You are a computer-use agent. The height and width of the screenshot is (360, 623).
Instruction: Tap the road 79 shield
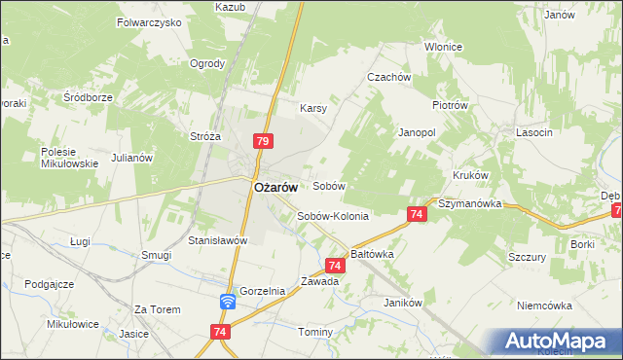coord(262,142)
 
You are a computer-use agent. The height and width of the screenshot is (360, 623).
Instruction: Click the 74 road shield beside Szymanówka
coord(416,214)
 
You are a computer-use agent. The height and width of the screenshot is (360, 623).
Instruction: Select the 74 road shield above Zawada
coord(335,265)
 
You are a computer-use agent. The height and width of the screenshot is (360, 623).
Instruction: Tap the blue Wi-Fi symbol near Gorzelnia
coord(227,302)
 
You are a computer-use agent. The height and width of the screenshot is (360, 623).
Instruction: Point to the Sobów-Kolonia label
coord(333,216)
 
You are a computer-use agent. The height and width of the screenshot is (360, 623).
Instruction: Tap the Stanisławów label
coord(219,239)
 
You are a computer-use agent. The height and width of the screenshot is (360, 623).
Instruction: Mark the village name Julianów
coord(133,157)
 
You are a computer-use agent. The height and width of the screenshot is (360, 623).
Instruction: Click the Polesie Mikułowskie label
coord(69,158)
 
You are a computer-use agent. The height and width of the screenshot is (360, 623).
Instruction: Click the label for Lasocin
coord(535,132)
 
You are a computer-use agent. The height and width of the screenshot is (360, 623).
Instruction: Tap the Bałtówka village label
coord(372,253)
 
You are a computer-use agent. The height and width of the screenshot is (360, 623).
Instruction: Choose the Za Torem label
coord(158,309)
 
